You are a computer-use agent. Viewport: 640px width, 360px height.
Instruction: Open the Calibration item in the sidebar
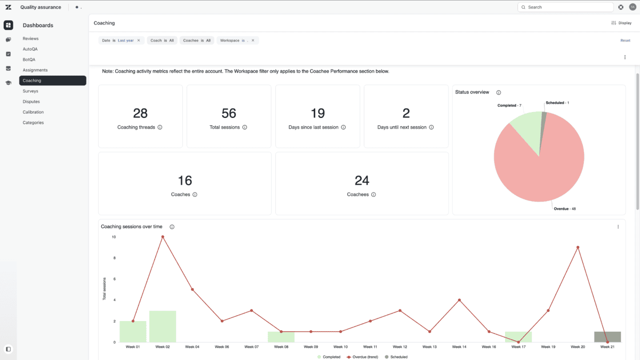(x=33, y=112)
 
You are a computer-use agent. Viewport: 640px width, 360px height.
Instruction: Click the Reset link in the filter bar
(x=625, y=41)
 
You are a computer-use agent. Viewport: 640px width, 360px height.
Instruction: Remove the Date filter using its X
(x=139, y=41)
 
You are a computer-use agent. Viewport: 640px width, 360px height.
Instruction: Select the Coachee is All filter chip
(x=197, y=41)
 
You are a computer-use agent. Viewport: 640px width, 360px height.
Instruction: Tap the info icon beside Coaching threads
(x=160, y=127)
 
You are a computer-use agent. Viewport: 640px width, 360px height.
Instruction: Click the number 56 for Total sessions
(x=229, y=113)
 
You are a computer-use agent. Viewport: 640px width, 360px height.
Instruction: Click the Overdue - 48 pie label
(x=565, y=209)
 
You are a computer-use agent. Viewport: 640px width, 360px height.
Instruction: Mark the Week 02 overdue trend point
(x=163, y=237)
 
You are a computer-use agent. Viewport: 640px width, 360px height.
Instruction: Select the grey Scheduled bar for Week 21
(x=607, y=337)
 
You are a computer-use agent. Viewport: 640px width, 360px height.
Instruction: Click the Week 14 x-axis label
(x=459, y=347)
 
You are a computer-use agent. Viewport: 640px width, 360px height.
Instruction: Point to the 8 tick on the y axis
(x=115, y=258)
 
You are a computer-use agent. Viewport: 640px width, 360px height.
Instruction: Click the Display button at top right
(x=621, y=23)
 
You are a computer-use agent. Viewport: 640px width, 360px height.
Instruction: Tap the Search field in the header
(x=565, y=7)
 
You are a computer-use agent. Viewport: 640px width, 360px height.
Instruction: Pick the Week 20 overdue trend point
(x=578, y=247)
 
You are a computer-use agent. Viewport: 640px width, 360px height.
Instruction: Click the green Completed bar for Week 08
(x=281, y=337)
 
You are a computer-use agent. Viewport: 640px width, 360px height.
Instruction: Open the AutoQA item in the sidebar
(x=30, y=49)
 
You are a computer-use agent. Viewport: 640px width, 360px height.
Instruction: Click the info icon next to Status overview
(x=499, y=93)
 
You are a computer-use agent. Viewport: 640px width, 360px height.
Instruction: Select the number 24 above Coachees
(x=362, y=181)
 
